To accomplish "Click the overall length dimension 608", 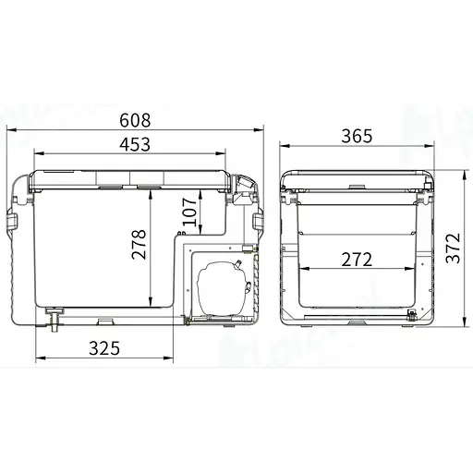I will [x=137, y=121].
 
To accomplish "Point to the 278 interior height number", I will [x=139, y=244].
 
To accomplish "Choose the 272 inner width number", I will [x=355, y=260].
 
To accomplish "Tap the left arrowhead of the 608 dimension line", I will [x=9, y=131].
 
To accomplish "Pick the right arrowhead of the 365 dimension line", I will [x=429, y=146].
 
